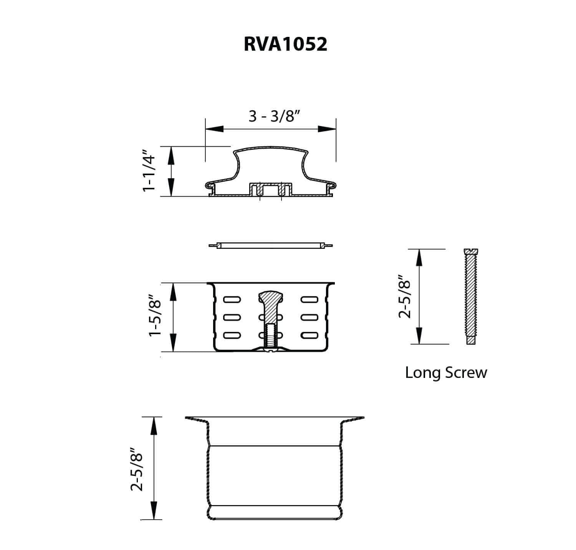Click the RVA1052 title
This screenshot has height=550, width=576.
pyautogui.click(x=285, y=44)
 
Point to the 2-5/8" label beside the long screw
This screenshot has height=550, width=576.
pyautogui.click(x=405, y=296)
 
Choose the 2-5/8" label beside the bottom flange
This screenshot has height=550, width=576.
pyautogui.click(x=137, y=469)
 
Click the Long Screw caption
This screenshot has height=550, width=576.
pyautogui.click(x=446, y=373)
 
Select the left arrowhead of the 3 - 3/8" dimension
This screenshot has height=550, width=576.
pyautogui.click(x=215, y=129)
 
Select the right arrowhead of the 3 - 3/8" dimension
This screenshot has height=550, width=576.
pyautogui.click(x=326, y=129)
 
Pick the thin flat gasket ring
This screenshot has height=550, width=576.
pyautogui.click(x=271, y=245)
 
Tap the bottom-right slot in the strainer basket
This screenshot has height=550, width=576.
pyautogui.click(x=309, y=335)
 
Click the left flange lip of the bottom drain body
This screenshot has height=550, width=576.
pyautogui.click(x=196, y=419)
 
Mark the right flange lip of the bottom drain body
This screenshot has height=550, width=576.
pyautogui.click(x=353, y=419)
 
